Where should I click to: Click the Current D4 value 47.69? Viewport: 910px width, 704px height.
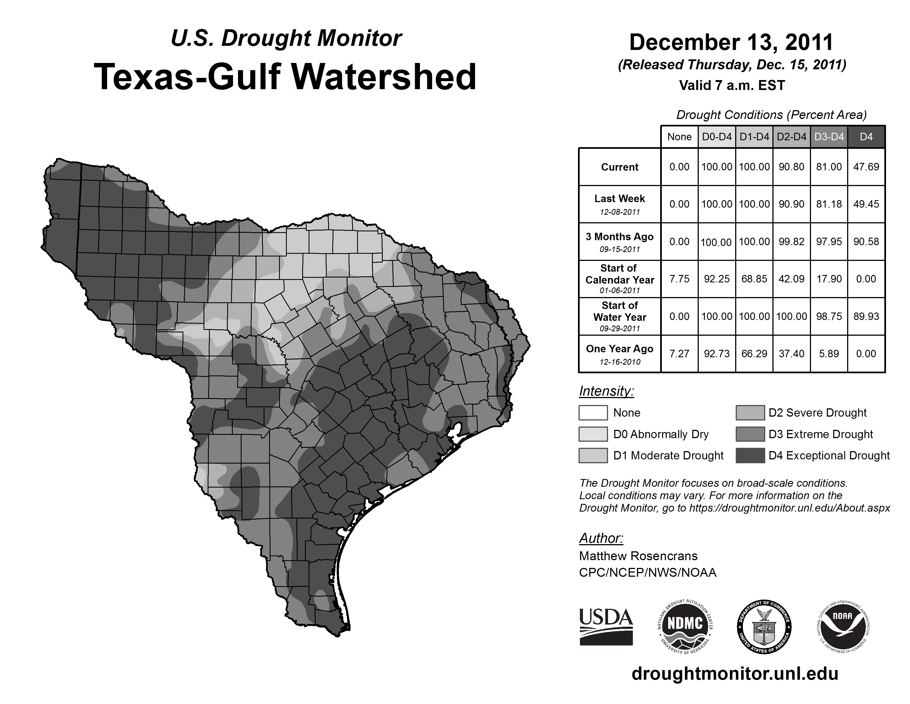(x=866, y=167)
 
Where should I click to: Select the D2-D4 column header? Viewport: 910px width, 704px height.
(x=791, y=137)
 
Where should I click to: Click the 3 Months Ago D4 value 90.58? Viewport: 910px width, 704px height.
(x=866, y=242)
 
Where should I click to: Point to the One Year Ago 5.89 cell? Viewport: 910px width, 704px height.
(x=829, y=354)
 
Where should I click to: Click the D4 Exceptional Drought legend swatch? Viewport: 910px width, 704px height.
(x=750, y=456)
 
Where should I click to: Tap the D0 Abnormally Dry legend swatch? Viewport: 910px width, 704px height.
(x=593, y=434)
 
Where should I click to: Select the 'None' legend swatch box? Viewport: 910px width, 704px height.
(x=593, y=412)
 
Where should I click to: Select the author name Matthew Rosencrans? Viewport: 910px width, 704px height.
(x=638, y=556)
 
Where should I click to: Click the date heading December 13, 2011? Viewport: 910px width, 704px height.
(x=731, y=42)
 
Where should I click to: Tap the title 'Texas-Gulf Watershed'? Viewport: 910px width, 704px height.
(x=285, y=77)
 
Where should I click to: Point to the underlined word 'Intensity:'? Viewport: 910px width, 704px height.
(x=606, y=391)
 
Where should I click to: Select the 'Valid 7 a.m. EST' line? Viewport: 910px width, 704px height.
(x=732, y=86)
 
